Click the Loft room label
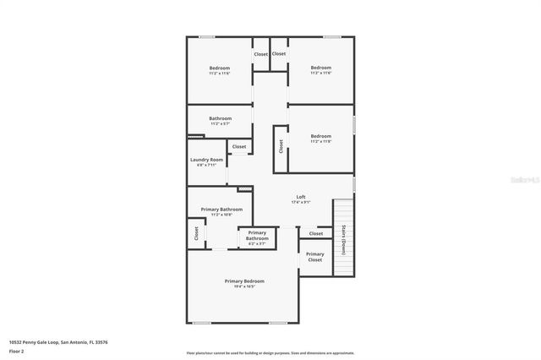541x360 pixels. (x=300, y=196)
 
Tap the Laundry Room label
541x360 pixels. (x=206, y=160)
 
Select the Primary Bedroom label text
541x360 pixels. (x=244, y=281)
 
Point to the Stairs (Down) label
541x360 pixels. (x=344, y=239)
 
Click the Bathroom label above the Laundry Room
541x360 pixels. (x=220, y=118)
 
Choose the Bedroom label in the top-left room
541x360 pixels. (x=220, y=68)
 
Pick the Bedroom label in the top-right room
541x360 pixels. (x=320, y=68)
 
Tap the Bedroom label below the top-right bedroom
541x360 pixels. (x=320, y=136)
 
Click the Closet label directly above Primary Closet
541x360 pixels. (x=315, y=233)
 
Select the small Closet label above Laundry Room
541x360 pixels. (x=239, y=146)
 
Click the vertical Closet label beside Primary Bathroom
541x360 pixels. (x=196, y=233)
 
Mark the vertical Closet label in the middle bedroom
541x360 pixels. (x=280, y=146)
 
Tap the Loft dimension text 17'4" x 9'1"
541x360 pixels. (x=300, y=202)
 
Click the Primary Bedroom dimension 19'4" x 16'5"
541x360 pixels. (x=244, y=286)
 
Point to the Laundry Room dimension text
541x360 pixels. (x=206, y=166)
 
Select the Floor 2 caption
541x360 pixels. (x=16, y=351)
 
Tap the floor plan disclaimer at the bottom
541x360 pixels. (x=270, y=353)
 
